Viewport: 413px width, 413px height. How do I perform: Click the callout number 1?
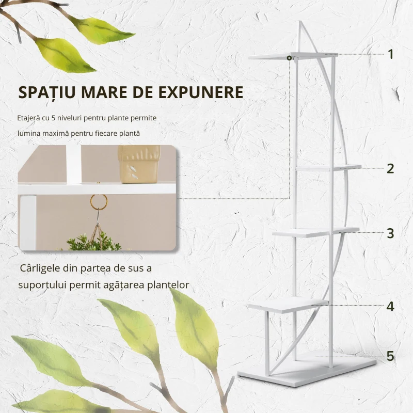(391, 54)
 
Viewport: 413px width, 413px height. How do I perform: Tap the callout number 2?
(390, 168)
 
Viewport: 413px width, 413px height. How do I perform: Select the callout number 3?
(390, 233)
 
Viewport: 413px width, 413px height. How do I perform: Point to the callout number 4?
(390, 306)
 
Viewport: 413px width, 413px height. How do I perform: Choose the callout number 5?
(390, 356)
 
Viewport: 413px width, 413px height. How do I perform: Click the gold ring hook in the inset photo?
(98, 202)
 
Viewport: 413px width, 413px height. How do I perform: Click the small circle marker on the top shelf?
(290, 58)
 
